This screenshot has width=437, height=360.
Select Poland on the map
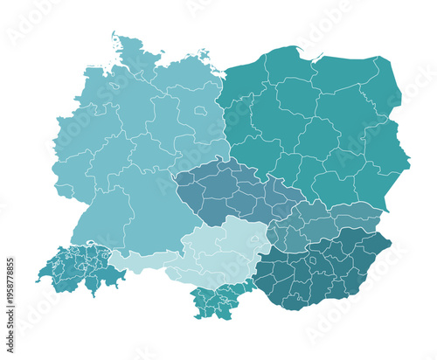315,122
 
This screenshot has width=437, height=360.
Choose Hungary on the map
323,267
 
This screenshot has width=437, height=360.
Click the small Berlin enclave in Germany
201,111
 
